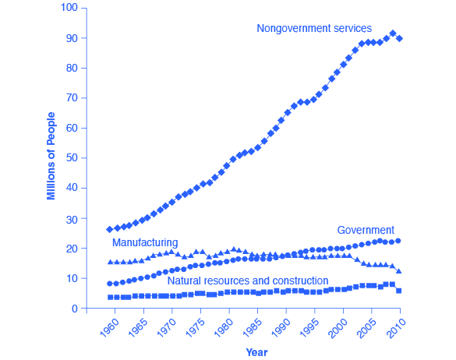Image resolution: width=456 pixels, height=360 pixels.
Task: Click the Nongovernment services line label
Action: pos(314,28)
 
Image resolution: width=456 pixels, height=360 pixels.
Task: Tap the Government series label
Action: pos(365,230)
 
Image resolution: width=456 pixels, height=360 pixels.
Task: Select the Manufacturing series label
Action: pos(145,242)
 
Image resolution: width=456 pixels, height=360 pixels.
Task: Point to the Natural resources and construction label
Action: pos(247,280)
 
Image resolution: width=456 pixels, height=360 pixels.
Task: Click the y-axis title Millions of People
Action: pos(51,157)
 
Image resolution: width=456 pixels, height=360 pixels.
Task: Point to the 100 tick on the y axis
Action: pos(69,9)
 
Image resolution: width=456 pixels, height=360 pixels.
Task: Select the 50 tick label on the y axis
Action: pos(72,158)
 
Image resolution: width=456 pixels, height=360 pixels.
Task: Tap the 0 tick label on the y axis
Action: pos(75,309)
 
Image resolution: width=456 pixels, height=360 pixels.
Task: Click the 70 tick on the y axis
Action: pos(72,98)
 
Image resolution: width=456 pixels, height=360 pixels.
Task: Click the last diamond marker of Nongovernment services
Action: pos(400,38)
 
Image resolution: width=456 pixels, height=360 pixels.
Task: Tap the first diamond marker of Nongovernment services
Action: pos(109,229)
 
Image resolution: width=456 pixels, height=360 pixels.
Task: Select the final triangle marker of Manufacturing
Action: pos(400,271)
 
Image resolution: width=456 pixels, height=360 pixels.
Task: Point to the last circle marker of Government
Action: pos(400,241)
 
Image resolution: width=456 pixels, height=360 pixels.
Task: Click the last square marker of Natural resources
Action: pos(400,291)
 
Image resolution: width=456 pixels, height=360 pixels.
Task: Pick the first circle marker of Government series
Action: pos(109,284)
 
